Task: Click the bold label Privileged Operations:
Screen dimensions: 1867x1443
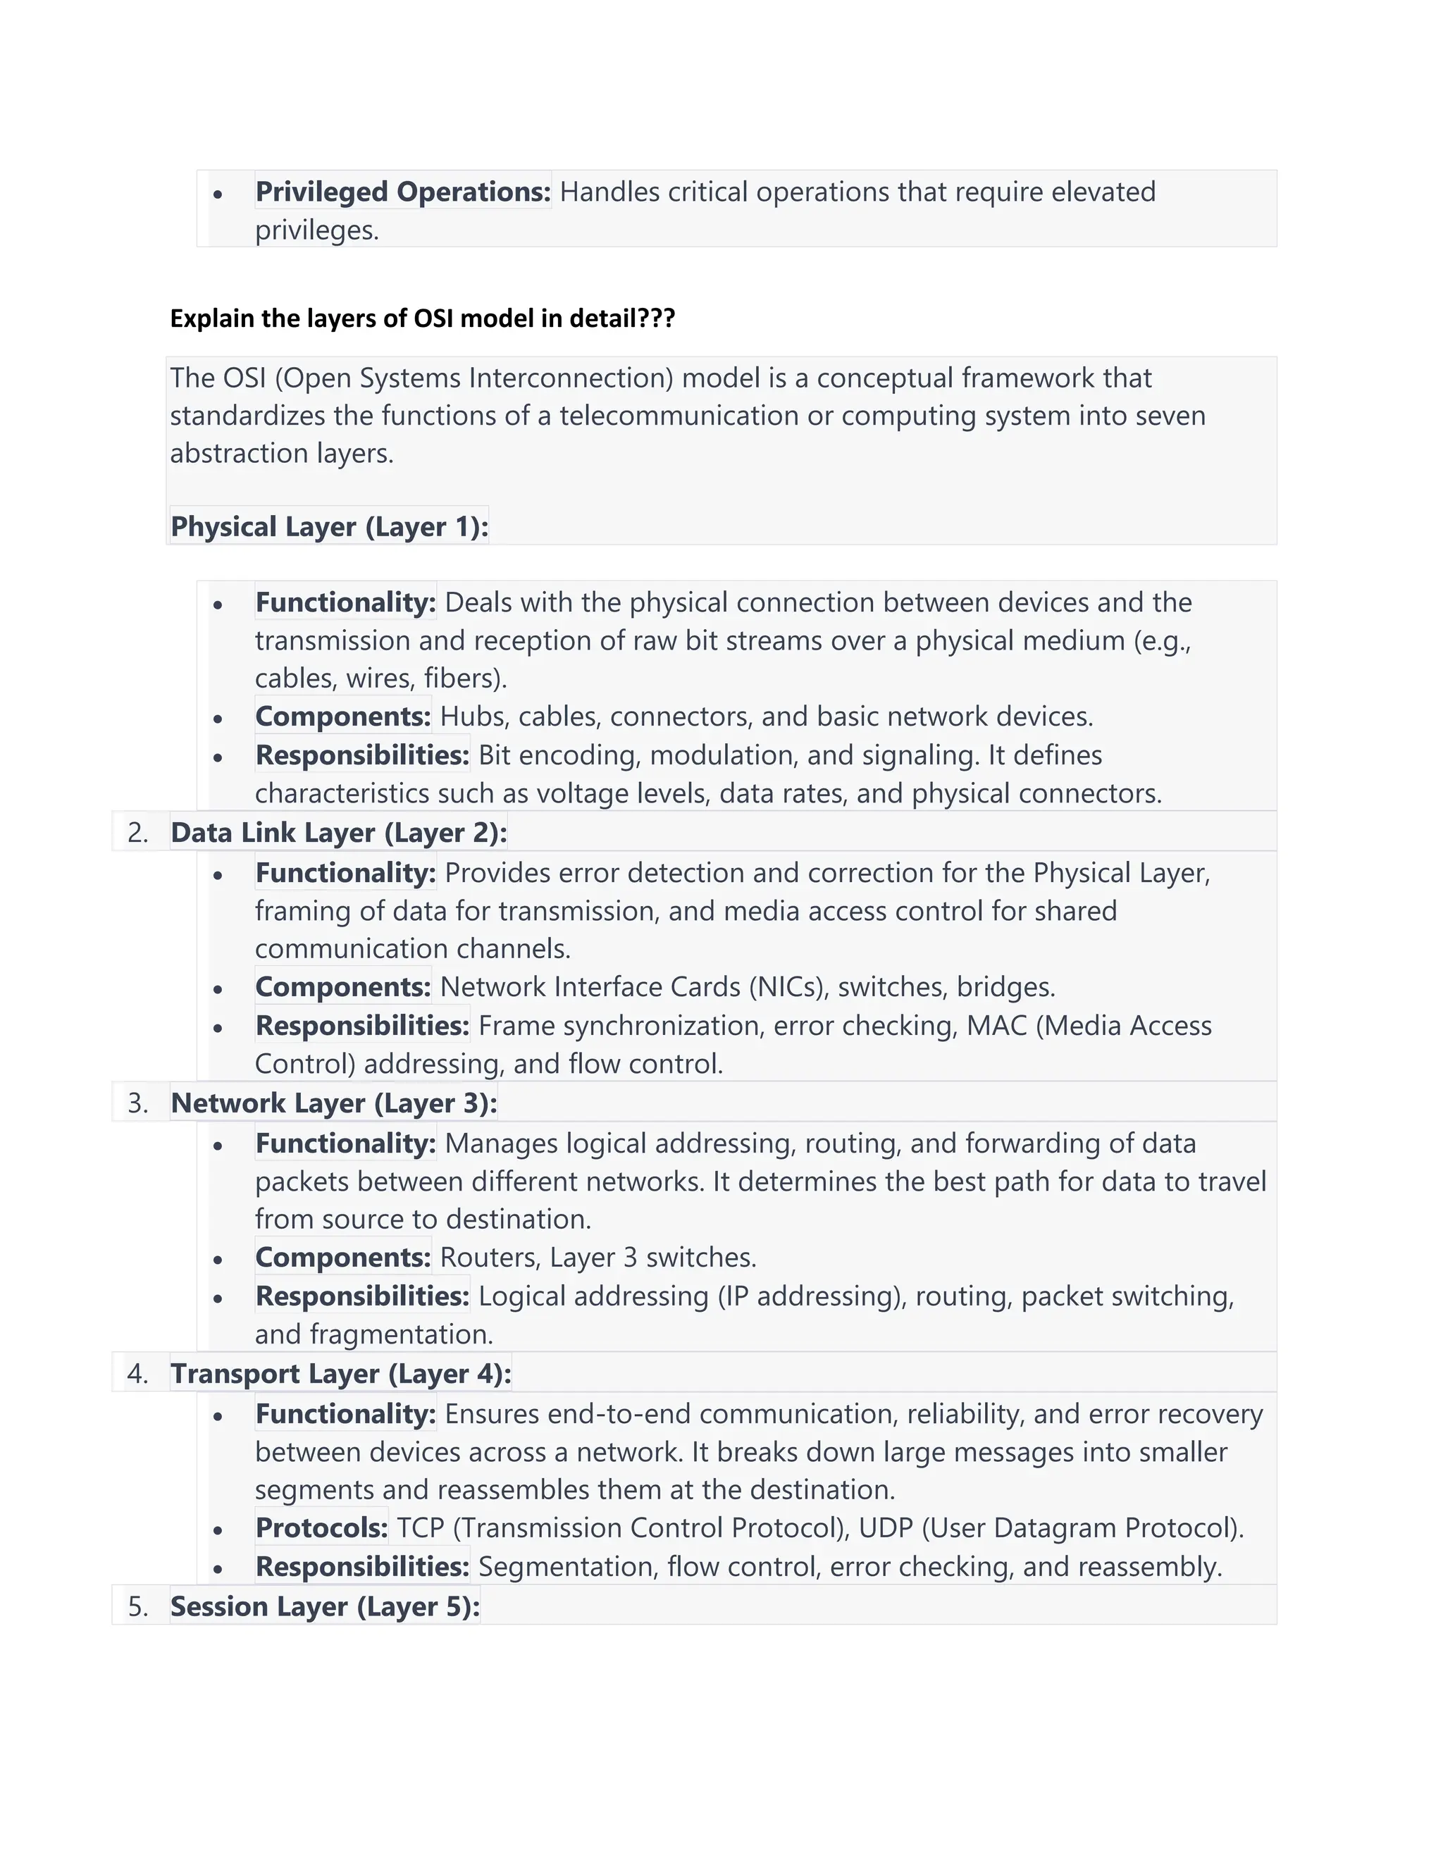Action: [x=402, y=192]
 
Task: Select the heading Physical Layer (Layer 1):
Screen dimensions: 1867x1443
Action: [x=329, y=526]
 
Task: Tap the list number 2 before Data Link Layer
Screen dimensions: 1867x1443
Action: [x=137, y=833]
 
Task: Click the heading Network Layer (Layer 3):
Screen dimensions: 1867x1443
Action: [x=333, y=1103]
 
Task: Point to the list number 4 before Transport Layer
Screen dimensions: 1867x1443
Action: [x=137, y=1374]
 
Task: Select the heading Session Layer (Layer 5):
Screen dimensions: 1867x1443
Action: [x=325, y=1606]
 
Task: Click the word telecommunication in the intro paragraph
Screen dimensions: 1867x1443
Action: [x=680, y=416]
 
